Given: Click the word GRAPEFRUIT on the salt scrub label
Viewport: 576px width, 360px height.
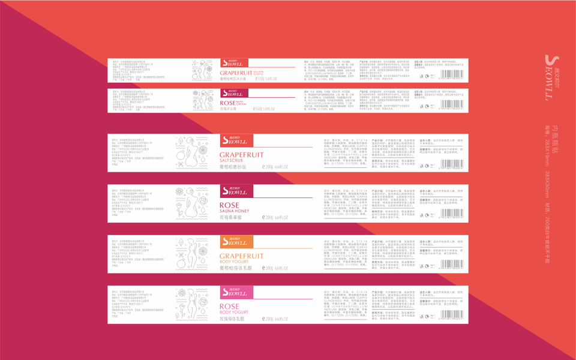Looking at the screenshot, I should tap(241, 154).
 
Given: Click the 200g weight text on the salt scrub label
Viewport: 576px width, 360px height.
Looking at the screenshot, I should tap(269, 167).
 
